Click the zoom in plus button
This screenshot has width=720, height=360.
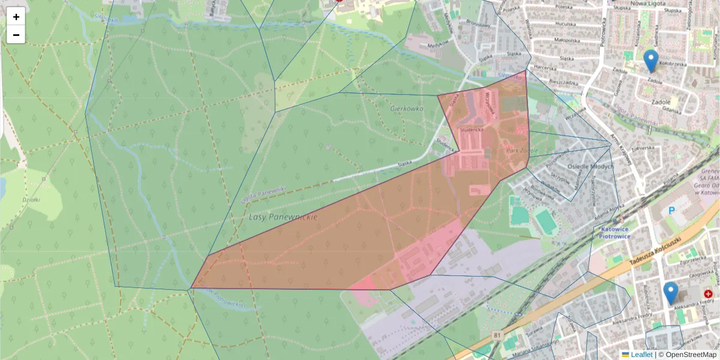tap(16, 17)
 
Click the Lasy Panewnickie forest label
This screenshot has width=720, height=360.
tap(283, 217)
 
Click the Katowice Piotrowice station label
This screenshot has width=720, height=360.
tap(614, 232)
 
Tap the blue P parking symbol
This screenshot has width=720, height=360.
tap(672, 211)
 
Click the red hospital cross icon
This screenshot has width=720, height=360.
tap(708, 294)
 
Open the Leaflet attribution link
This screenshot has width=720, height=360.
tap(641, 355)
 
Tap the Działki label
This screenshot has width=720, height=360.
tap(31, 200)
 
